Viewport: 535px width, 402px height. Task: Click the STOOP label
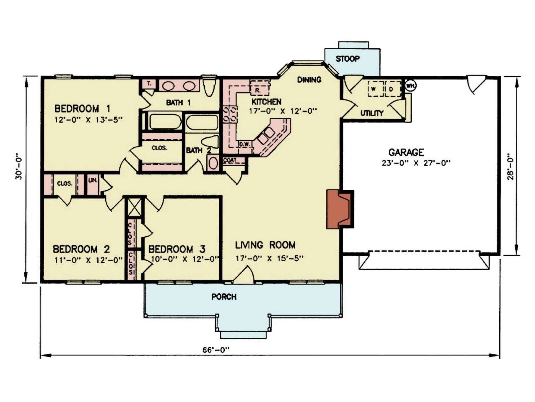pyautogui.click(x=347, y=59)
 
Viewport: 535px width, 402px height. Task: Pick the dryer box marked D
pyautogui.click(x=393, y=89)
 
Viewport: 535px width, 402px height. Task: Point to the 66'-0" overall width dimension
pyautogui.click(x=216, y=350)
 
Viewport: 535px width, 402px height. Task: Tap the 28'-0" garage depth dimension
pyautogui.click(x=510, y=167)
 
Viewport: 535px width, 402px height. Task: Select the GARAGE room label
pyautogui.click(x=406, y=152)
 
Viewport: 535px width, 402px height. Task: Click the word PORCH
pyautogui.click(x=224, y=297)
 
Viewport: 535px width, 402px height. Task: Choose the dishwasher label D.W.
pyautogui.click(x=245, y=144)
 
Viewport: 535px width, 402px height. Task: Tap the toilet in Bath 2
pyautogui.click(x=211, y=141)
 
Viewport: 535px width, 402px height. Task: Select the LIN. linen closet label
pyautogui.click(x=93, y=181)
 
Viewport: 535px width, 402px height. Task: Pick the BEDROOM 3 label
pyautogui.click(x=177, y=249)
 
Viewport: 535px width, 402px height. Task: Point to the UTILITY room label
pyautogui.click(x=372, y=113)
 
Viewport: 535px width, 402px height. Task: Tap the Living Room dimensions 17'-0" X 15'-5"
pyautogui.click(x=269, y=258)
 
